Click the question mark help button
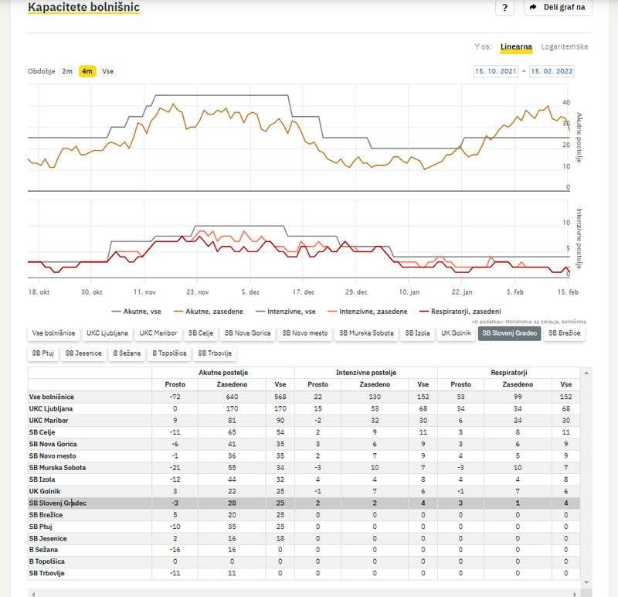tap(504, 8)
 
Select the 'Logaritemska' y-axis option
tap(565, 46)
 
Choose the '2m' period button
tap(67, 71)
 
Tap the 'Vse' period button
tap(108, 71)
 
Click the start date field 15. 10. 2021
tap(496, 71)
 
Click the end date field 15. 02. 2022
tap(552, 71)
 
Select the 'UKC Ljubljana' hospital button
tap(107, 333)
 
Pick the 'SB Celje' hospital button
tap(201, 333)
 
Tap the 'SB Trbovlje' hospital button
tap(213, 353)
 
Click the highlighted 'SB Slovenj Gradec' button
tap(508, 333)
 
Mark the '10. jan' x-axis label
tap(409, 292)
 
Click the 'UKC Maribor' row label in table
tap(49, 420)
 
